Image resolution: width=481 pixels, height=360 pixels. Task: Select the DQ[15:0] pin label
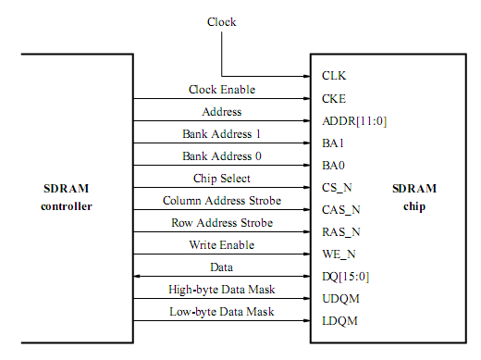(x=345, y=277)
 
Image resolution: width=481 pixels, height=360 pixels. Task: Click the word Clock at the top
(x=221, y=21)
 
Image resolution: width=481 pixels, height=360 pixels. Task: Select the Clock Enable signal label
(x=222, y=90)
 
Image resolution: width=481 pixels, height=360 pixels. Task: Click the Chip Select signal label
(x=222, y=179)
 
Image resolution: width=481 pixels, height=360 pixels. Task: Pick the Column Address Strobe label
(x=222, y=201)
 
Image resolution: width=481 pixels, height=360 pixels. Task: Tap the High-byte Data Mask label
(x=222, y=290)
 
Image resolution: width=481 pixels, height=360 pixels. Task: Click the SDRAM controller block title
(x=67, y=196)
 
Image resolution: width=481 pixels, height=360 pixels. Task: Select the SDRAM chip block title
(x=413, y=196)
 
